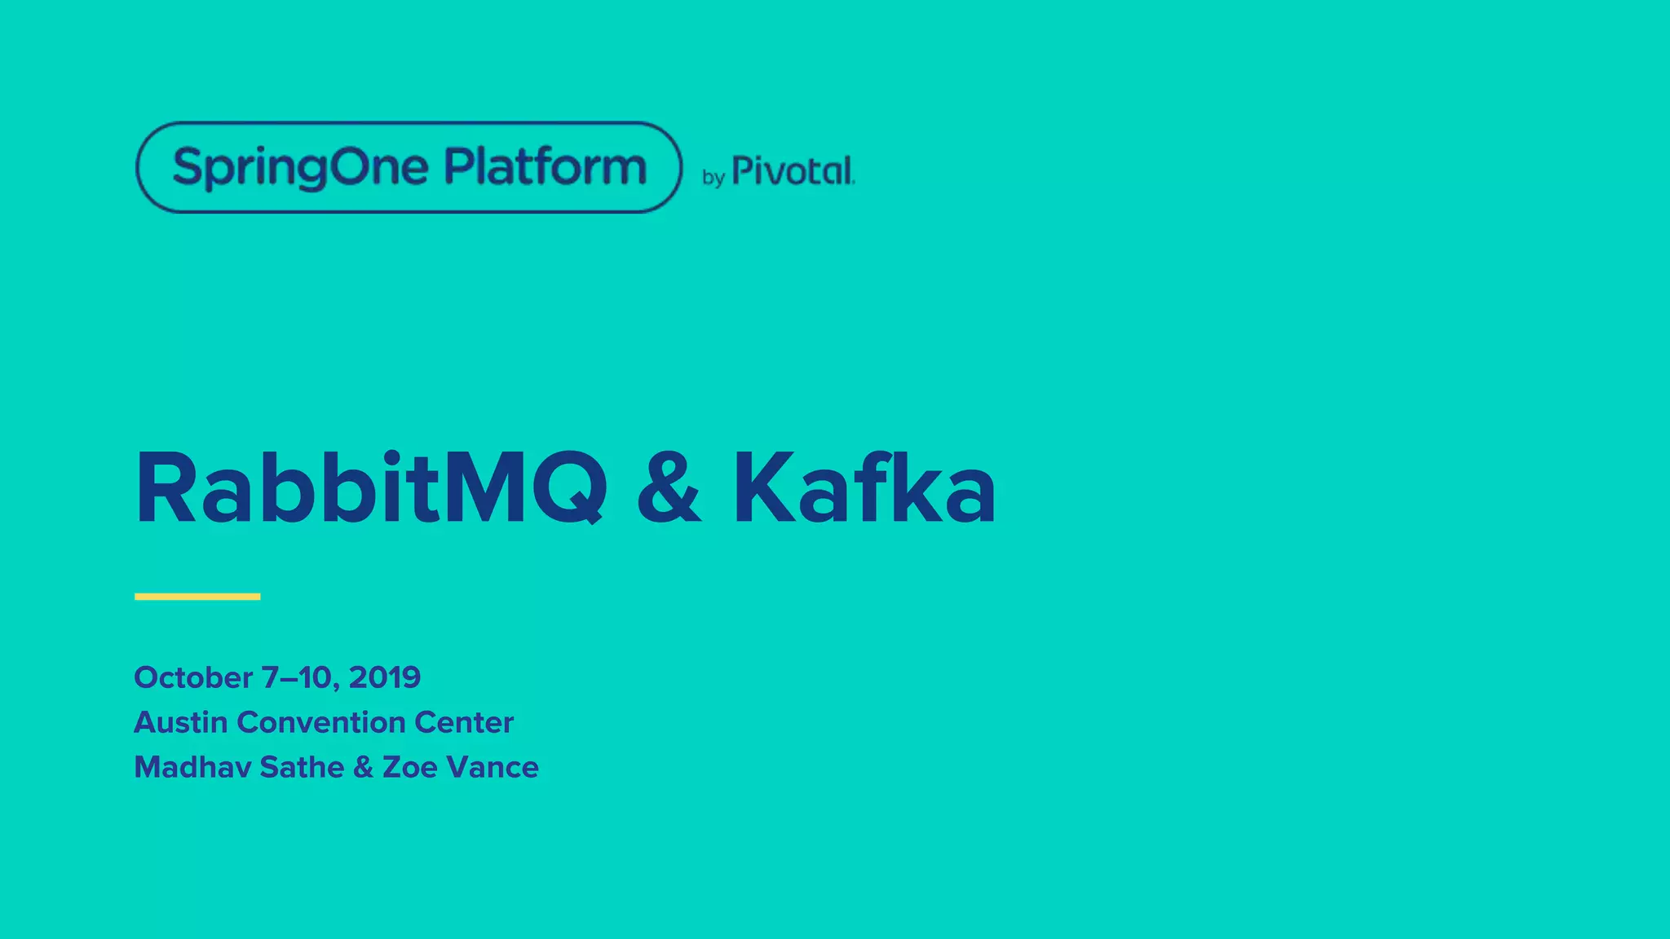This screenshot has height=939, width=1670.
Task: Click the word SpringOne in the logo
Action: [x=300, y=168]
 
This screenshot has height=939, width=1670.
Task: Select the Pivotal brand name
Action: [x=793, y=171]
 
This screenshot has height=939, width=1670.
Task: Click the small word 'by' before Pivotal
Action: [x=714, y=178]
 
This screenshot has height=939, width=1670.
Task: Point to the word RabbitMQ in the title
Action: [x=371, y=489]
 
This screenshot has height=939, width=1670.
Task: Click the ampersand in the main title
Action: [x=668, y=489]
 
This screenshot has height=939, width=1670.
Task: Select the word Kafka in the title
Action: [x=864, y=489]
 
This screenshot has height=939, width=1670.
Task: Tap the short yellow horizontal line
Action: [x=197, y=597]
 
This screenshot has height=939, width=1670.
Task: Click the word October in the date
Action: [x=193, y=677]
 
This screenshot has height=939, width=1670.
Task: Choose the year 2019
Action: [x=384, y=677]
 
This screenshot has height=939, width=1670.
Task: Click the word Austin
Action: [x=180, y=722]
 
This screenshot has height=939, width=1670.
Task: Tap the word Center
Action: [x=464, y=722]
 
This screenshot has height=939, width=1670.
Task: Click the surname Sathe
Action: [x=302, y=767]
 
